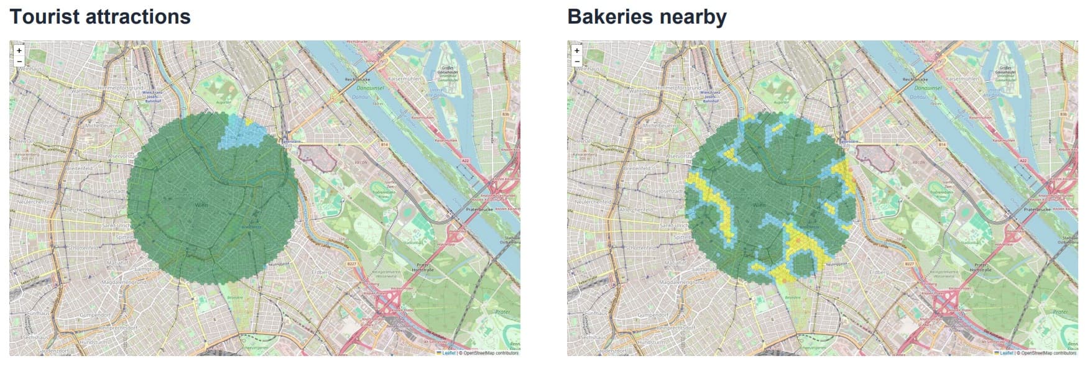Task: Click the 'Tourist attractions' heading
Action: click(x=100, y=17)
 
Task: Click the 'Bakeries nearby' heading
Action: click(x=647, y=17)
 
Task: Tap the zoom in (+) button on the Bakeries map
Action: click(x=577, y=50)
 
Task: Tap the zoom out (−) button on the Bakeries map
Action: click(x=577, y=62)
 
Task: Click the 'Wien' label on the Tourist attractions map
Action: click(x=201, y=204)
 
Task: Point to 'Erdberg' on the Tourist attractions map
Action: click(x=321, y=272)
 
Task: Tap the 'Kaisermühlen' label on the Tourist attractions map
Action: click(x=405, y=80)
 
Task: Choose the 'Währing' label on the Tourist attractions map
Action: click(x=81, y=91)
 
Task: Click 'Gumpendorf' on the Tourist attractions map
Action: click(x=95, y=315)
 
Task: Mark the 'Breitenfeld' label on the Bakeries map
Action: click(x=637, y=168)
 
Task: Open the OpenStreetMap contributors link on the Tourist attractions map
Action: click(x=491, y=353)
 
